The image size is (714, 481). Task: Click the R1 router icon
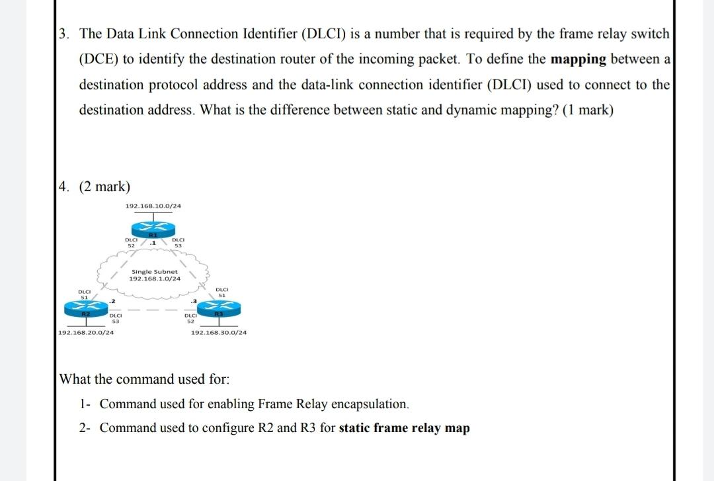click(153, 229)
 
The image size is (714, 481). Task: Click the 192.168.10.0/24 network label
click(153, 206)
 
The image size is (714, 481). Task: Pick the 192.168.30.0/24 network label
click(218, 332)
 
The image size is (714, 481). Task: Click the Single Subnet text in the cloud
click(154, 272)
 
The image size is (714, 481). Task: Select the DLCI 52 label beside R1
click(131, 243)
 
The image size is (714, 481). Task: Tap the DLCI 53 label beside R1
click(177, 243)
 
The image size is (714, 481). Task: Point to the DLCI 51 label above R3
click(221, 292)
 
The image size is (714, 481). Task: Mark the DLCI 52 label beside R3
click(189, 318)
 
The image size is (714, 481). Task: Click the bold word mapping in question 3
click(578, 59)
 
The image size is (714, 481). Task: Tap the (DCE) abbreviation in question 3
click(99, 59)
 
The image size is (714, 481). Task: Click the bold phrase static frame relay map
click(404, 428)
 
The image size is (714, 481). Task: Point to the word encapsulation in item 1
click(370, 404)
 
